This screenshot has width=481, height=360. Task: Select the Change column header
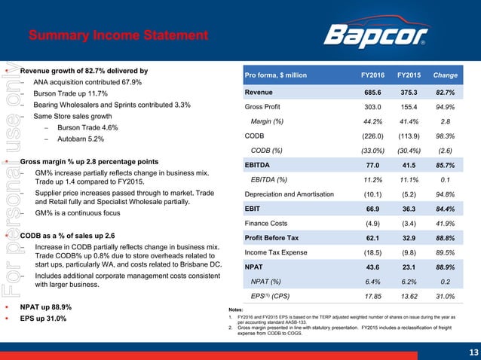(x=446, y=75)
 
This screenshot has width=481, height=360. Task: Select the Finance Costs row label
(x=270, y=223)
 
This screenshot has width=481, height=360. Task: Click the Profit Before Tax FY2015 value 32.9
(x=408, y=238)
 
